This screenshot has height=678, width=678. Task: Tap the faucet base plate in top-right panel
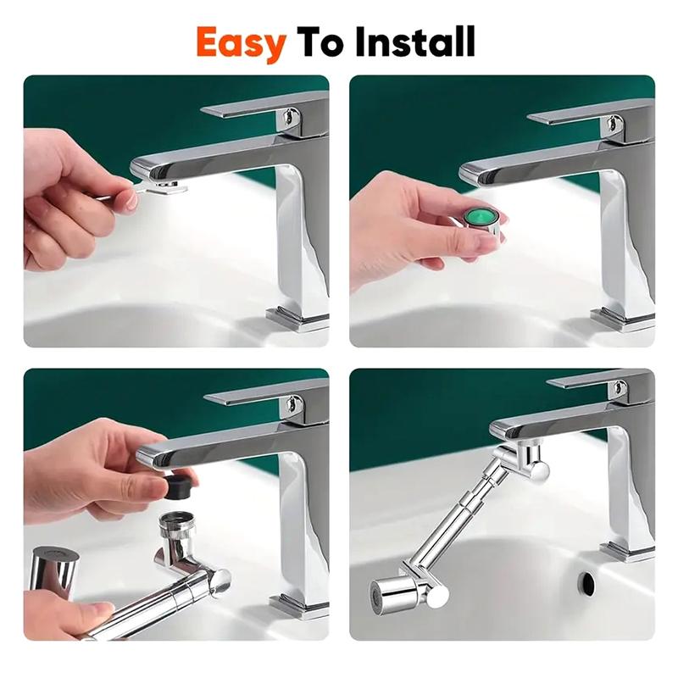click(x=623, y=320)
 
